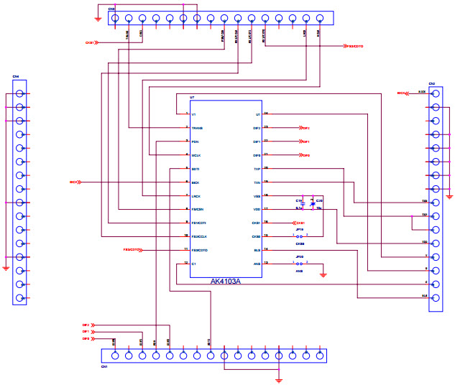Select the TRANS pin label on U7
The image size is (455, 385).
pyautogui.click(x=198, y=128)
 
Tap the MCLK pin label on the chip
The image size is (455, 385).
pyautogui.click(x=196, y=155)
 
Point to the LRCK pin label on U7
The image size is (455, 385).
pyautogui.click(x=196, y=196)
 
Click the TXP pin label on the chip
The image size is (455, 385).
pyautogui.click(x=257, y=169)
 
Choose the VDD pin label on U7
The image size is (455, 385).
pyautogui.click(x=257, y=209)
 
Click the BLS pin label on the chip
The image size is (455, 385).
pyautogui.click(x=257, y=250)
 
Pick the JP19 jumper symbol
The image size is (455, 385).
pyautogui.click(x=300, y=236)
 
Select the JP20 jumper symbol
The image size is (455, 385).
pyautogui.click(x=300, y=263)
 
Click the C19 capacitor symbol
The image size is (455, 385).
pyautogui.click(x=303, y=204)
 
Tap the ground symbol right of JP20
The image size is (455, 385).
pyautogui.click(x=323, y=274)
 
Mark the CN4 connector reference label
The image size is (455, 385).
pyautogui.click(x=15, y=76)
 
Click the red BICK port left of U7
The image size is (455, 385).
pyautogui.click(x=75, y=182)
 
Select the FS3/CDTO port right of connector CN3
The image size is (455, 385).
pyautogui.click(x=352, y=45)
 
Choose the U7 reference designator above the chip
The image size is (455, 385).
pyautogui.click(x=192, y=97)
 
